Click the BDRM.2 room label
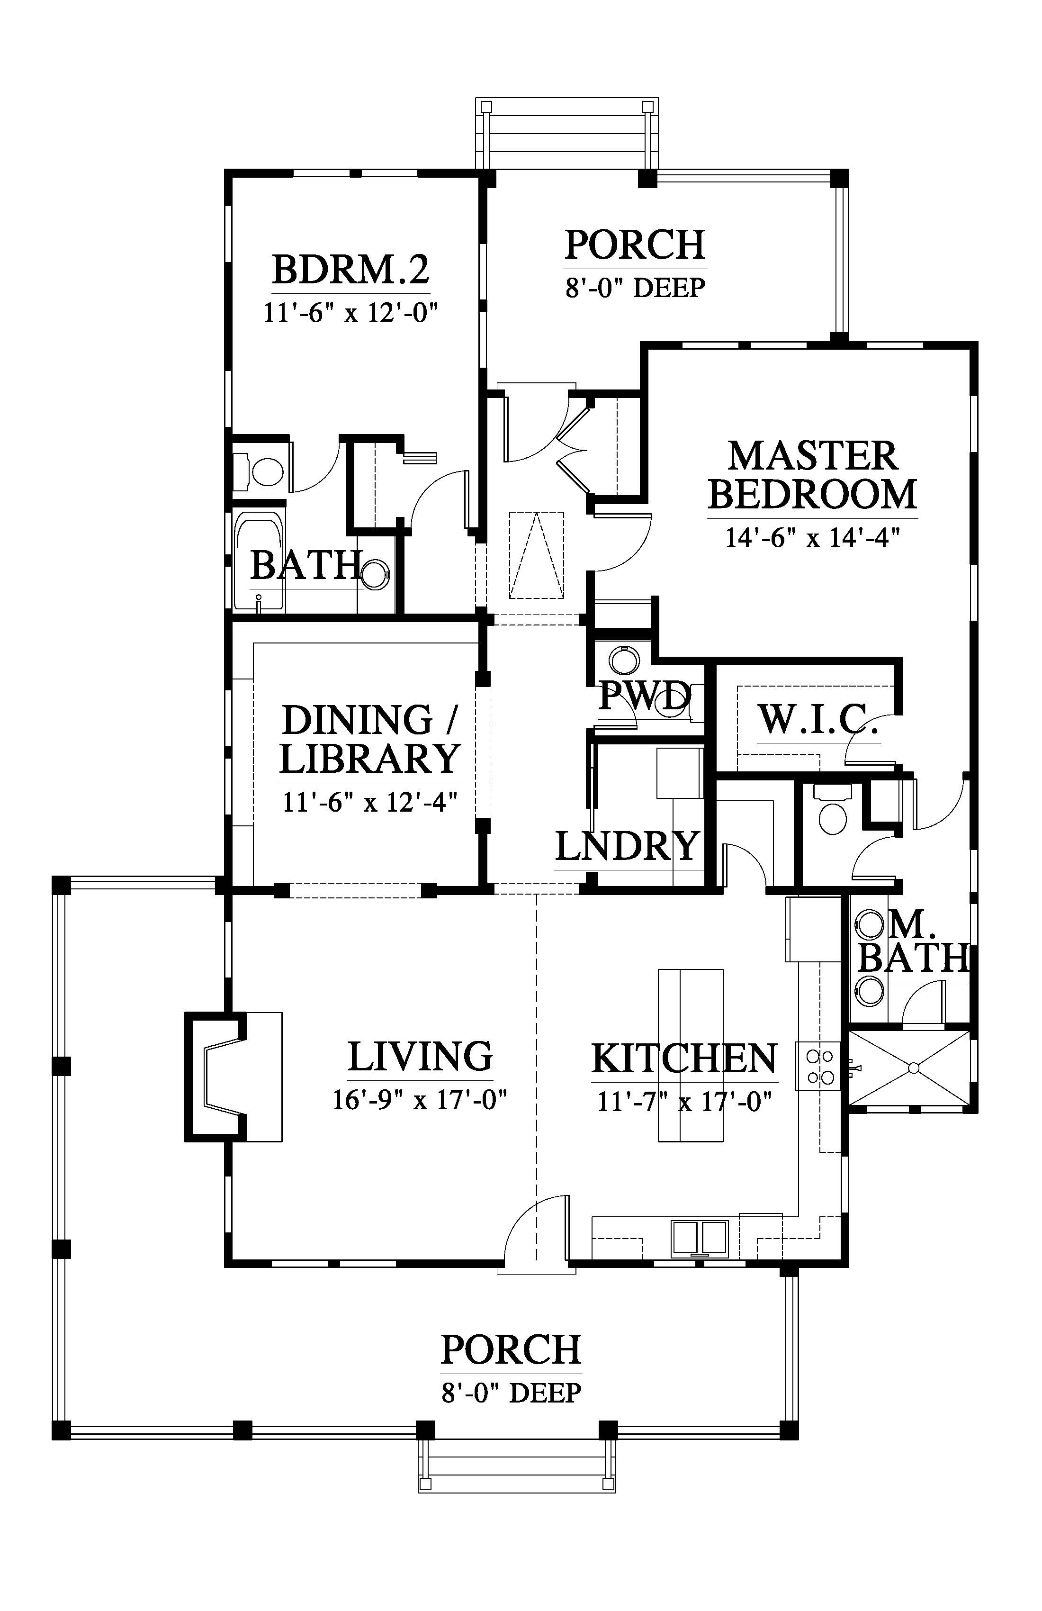tap(350, 270)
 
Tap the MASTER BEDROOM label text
tap(813, 475)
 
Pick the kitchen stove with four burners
tap(818, 1066)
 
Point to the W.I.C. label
tap(818, 719)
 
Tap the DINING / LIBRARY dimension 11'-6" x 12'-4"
tap(370, 803)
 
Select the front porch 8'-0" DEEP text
tap(511, 1393)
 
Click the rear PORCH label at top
tap(635, 245)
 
